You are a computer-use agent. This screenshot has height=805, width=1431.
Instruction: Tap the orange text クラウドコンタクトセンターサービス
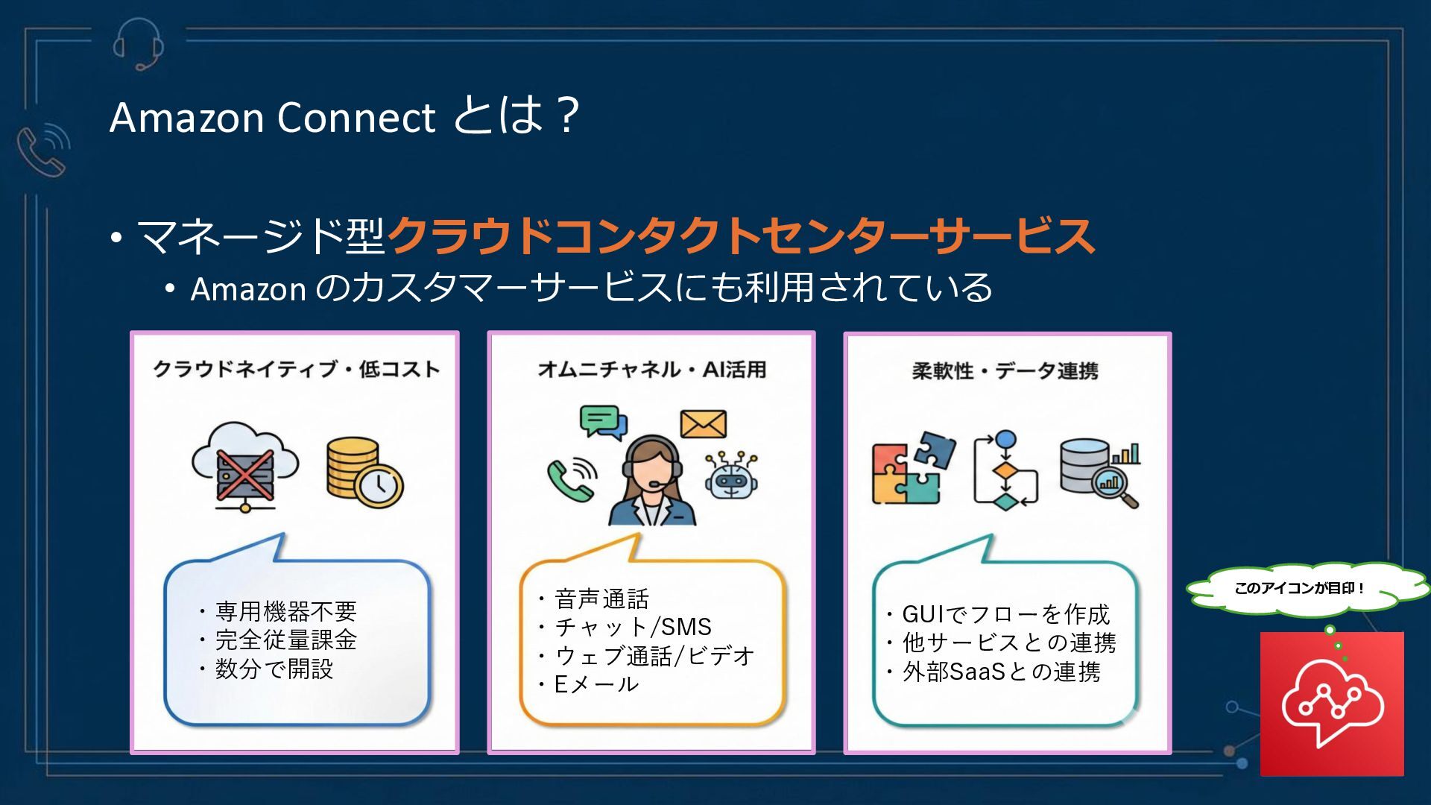[741, 236]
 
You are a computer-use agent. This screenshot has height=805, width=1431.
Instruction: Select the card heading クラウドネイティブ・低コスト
[296, 369]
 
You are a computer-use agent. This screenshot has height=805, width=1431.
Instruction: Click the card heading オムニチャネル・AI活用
[651, 369]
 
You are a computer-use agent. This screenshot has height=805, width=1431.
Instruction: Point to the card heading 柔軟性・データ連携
[1005, 370]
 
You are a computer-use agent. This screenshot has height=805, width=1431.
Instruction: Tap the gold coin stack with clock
[364, 473]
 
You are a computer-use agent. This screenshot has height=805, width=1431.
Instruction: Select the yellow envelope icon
[703, 424]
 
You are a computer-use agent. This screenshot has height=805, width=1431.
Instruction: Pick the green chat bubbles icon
[603, 423]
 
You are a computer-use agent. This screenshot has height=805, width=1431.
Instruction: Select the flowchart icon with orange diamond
[1005, 470]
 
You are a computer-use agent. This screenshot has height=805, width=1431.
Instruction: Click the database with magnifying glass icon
[1099, 473]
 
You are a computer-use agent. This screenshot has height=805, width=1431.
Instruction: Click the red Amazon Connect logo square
[1332, 704]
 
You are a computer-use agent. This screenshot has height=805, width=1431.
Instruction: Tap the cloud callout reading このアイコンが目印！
[1300, 588]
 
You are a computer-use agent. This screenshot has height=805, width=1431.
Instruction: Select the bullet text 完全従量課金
[286, 640]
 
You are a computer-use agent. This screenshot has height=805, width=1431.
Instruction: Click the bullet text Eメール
[596, 684]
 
